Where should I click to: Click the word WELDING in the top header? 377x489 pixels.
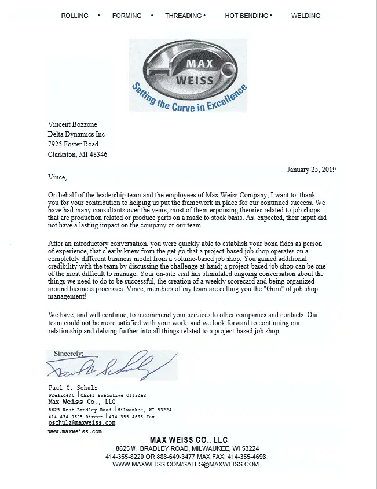[x=306, y=16]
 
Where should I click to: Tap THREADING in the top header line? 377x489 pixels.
[x=184, y=16]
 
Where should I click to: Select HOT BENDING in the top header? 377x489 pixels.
[x=247, y=16]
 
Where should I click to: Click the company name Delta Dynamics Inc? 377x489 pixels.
[x=76, y=134]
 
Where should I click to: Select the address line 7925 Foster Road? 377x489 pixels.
[x=73, y=144]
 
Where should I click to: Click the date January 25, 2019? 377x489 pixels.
[x=311, y=170]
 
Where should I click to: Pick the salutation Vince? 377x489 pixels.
[x=57, y=177]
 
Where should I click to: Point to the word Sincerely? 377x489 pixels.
[x=68, y=353]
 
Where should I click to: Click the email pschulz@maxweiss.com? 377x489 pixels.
[x=82, y=423]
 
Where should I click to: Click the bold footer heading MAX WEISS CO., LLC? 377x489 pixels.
[x=189, y=440]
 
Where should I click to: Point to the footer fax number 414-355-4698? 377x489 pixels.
[x=247, y=457]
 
